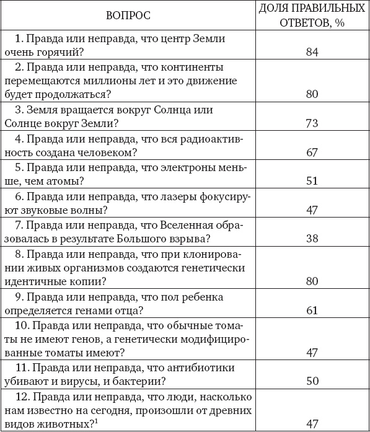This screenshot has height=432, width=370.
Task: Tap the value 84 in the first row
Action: coord(312,52)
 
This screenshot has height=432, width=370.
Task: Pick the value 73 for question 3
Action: coord(312,123)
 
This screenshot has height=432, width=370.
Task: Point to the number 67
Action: coord(312,152)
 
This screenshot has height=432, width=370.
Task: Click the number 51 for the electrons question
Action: coord(312,182)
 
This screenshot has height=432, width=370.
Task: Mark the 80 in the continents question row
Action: coord(312,94)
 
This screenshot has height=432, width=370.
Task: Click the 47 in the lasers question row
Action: coord(312,210)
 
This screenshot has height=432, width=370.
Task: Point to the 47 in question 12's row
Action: coord(312,424)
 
